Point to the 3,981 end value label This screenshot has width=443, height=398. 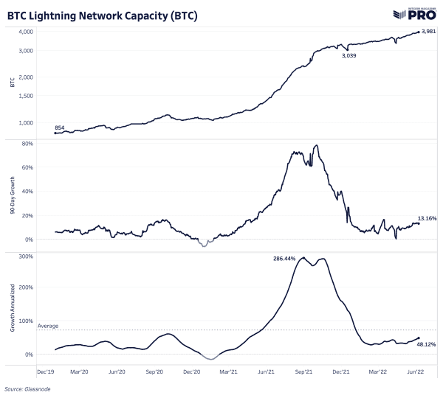coord(430,30)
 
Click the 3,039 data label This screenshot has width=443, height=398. coord(348,56)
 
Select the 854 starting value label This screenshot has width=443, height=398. coord(60,128)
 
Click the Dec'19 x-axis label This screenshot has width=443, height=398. coord(46,372)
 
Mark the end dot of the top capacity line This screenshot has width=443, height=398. coord(419,32)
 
